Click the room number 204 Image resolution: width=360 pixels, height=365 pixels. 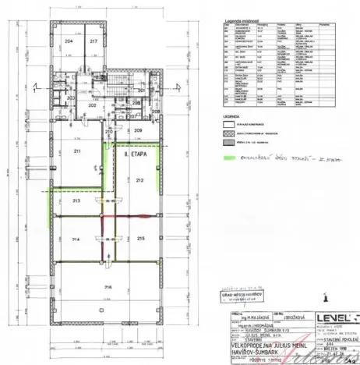click(x=69, y=41)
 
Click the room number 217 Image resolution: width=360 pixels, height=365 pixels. click(x=94, y=41)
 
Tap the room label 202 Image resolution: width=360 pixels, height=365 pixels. click(x=79, y=105)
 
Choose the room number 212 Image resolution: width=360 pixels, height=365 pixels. click(x=139, y=180)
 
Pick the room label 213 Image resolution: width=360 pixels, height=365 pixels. click(x=76, y=200)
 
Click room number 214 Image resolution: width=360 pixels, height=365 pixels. click(x=76, y=238)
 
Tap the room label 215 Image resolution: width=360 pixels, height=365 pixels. click(x=141, y=238)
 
